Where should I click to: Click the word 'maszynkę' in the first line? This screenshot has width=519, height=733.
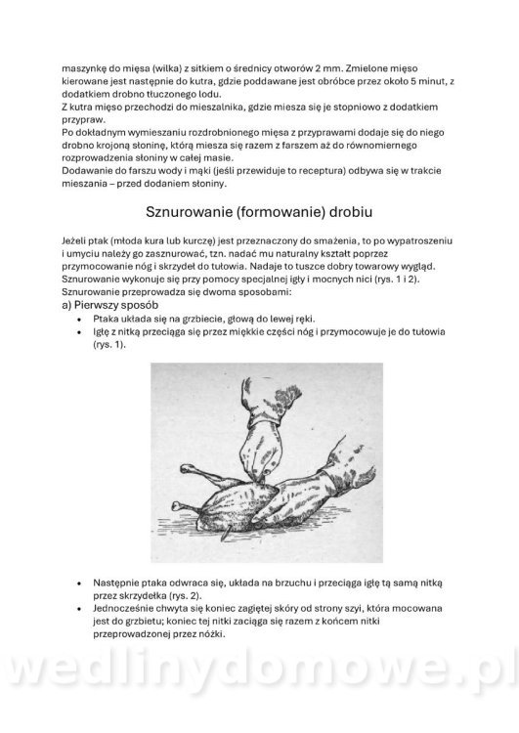[x=85, y=70]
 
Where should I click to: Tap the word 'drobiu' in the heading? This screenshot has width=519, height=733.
[x=345, y=210]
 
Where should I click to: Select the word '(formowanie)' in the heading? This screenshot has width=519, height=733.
[x=276, y=210]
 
